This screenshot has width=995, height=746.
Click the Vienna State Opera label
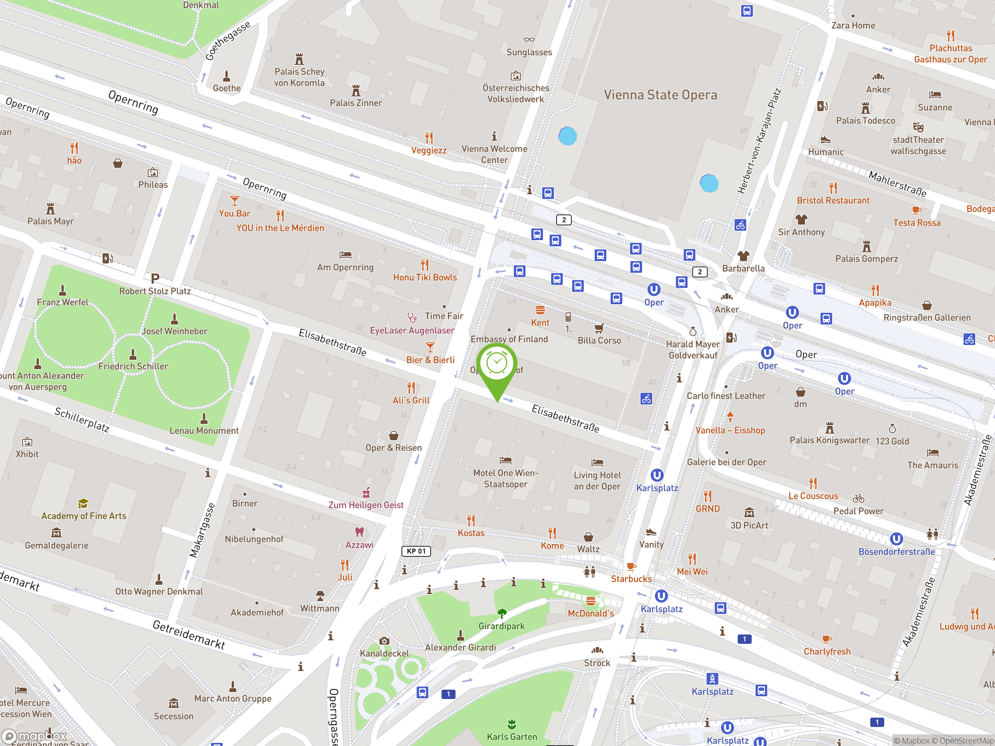tap(660, 95)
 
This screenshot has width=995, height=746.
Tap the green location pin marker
tap(497, 366)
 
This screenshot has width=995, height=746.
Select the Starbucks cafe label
tap(631, 579)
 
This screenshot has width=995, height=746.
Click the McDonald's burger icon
tap(591, 601)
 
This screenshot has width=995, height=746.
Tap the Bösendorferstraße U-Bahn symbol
tap(896, 539)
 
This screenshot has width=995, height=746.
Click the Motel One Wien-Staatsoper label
tap(506, 478)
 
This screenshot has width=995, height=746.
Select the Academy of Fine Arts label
tap(84, 516)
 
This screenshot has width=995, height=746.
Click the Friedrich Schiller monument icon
tap(133, 354)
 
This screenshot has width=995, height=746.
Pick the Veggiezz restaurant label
tap(429, 150)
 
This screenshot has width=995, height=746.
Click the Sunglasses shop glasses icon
tap(529, 40)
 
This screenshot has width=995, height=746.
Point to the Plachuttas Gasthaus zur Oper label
tap(950, 54)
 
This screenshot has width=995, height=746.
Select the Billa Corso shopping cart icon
tap(599, 328)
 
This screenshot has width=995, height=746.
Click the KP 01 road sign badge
tap(416, 551)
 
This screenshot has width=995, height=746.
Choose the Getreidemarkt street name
tap(189, 634)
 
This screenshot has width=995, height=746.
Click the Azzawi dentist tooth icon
tap(359, 532)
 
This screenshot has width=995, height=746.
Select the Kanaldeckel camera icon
tap(384, 641)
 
